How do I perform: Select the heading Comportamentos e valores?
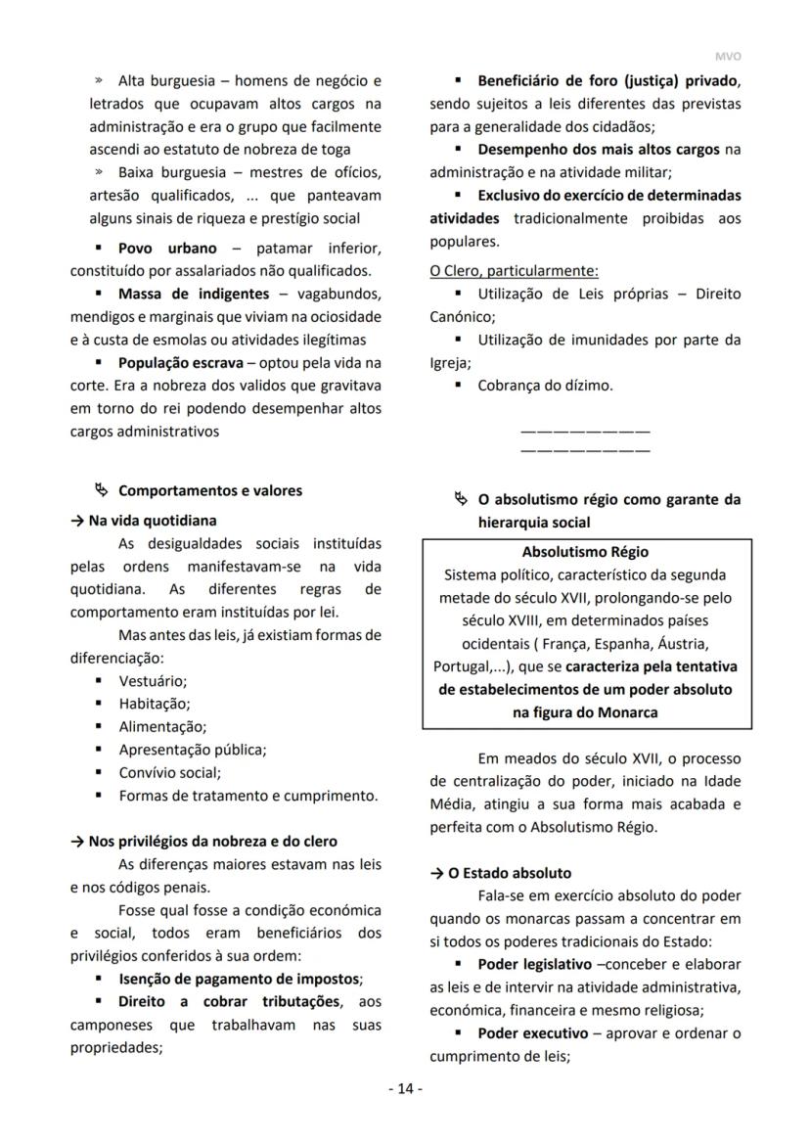pos(210,490)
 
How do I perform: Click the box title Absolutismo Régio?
pos(585,552)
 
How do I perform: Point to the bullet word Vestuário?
pos(153,680)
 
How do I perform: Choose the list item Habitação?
pos(155,704)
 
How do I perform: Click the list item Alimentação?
pos(162,727)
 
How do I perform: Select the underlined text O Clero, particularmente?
pos(515,271)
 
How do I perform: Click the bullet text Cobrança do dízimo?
pos(546,386)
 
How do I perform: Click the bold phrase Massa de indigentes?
pos(194,294)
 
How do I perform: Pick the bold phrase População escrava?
pos(181,362)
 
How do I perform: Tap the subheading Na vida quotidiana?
pos(152,521)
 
